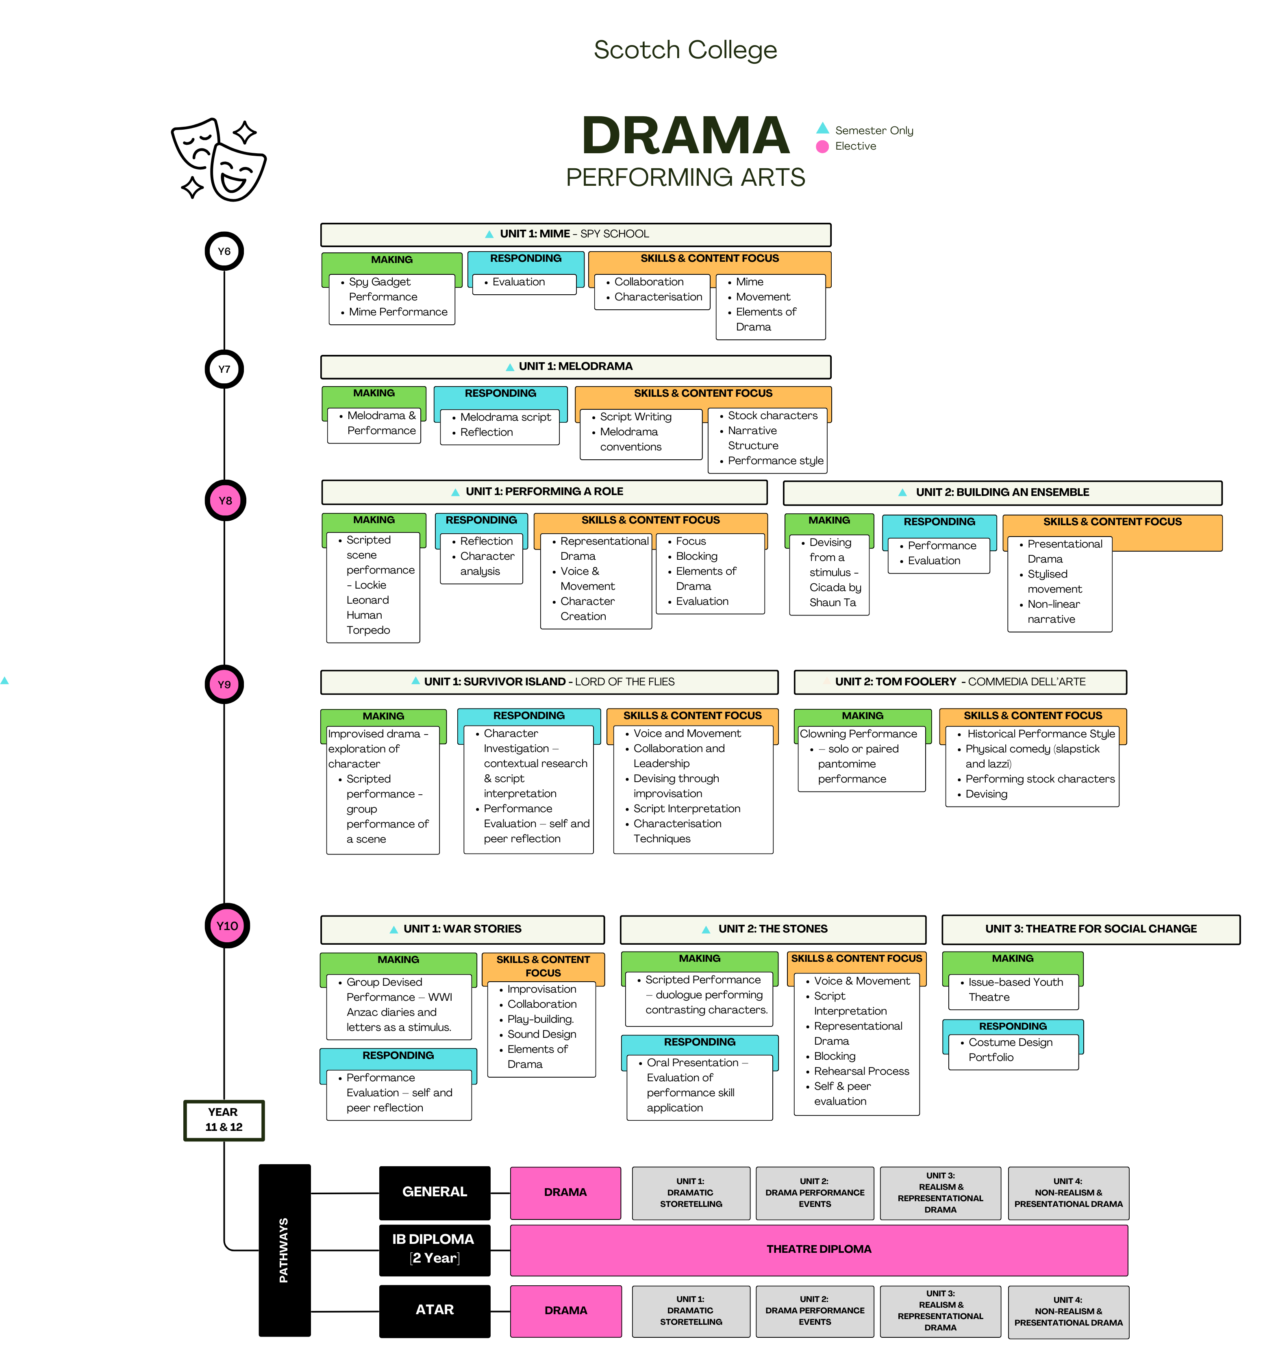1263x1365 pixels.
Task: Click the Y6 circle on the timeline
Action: tap(224, 251)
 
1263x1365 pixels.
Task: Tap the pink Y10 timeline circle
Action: tap(227, 926)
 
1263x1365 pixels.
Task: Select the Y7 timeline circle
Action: tap(224, 369)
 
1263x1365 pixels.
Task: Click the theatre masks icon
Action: tap(218, 159)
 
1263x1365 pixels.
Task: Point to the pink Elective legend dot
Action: tap(822, 146)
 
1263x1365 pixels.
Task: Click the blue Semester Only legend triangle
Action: tap(823, 128)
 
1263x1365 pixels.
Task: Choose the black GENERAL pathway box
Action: tap(435, 1192)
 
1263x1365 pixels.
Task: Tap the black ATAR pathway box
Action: tap(435, 1310)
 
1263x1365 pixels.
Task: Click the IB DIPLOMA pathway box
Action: tap(435, 1249)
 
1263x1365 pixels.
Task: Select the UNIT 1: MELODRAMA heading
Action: tap(576, 366)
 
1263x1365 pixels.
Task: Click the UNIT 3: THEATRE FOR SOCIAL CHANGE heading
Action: tap(1090, 929)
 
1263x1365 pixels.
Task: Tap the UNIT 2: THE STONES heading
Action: tap(772, 929)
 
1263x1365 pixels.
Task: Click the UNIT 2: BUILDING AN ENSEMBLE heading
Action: tap(1002, 492)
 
